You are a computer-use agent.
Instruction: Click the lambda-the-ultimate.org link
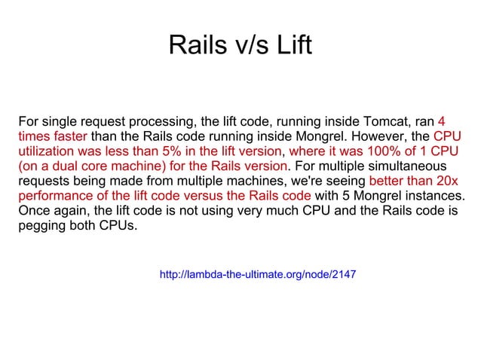click(x=258, y=275)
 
